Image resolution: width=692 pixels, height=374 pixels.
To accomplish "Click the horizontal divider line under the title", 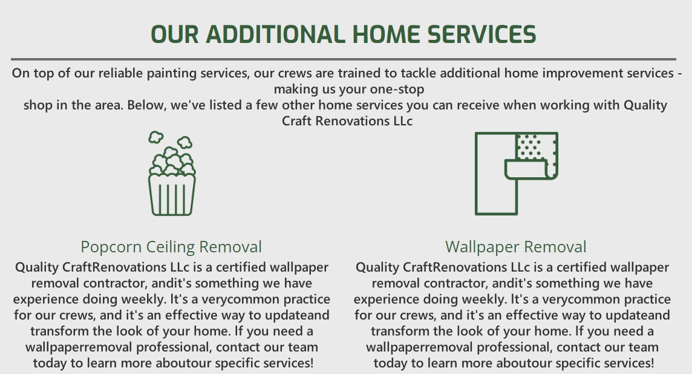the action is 344,59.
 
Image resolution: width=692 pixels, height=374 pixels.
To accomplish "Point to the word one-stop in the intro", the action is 397,89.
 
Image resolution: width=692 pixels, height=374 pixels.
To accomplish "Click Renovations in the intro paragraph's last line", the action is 351,121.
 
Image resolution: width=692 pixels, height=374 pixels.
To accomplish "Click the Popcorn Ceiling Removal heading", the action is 171,247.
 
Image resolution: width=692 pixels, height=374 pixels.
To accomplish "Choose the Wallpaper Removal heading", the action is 516,247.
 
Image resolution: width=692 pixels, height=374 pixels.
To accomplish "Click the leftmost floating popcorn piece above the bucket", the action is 156,137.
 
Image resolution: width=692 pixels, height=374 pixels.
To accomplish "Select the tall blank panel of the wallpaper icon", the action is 491,174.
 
